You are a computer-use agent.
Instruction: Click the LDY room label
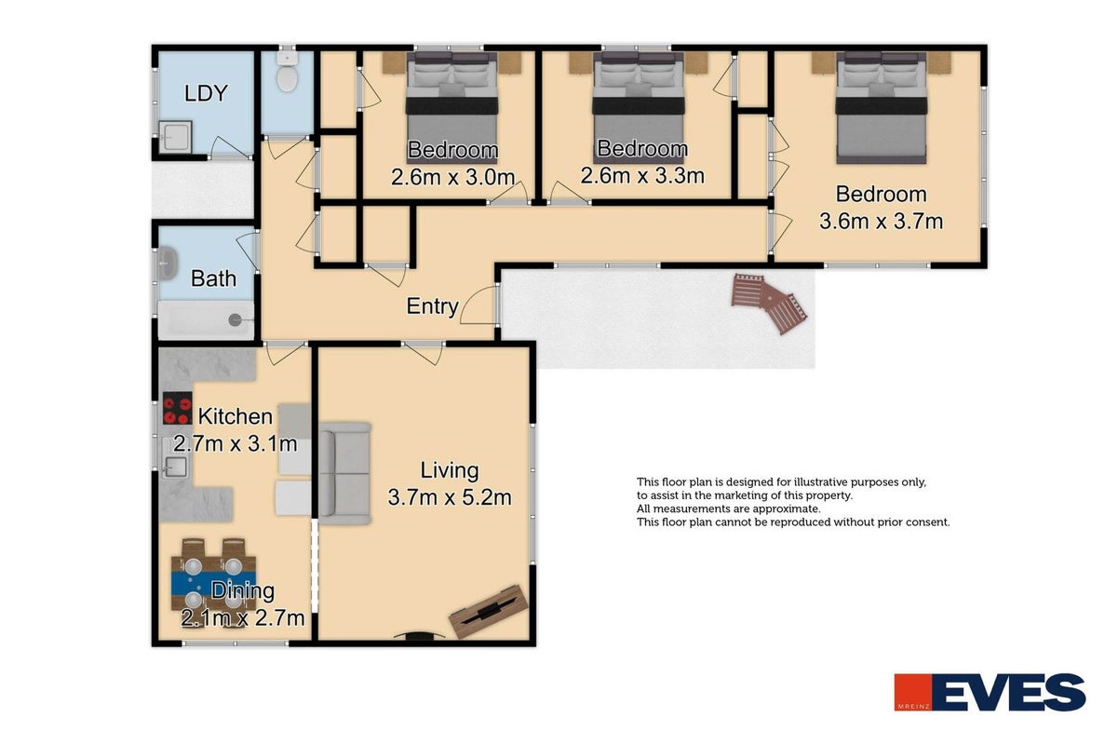206,93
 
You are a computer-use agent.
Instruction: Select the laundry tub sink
175,135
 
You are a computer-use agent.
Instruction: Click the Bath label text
213,278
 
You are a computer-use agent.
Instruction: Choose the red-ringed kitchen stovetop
177,408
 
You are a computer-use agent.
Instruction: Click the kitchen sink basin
175,467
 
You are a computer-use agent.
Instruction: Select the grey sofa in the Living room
344,473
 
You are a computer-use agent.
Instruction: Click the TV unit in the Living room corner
489,612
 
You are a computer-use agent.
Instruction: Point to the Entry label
432,306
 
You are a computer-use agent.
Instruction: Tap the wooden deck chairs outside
769,303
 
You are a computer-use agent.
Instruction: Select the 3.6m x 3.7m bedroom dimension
881,222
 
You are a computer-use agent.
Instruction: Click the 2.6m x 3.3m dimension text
642,176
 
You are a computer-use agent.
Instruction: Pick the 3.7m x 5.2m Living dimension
450,497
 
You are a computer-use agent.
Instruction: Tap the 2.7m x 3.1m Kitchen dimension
236,443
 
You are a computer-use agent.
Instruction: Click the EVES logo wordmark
1009,692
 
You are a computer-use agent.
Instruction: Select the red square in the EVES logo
913,692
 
